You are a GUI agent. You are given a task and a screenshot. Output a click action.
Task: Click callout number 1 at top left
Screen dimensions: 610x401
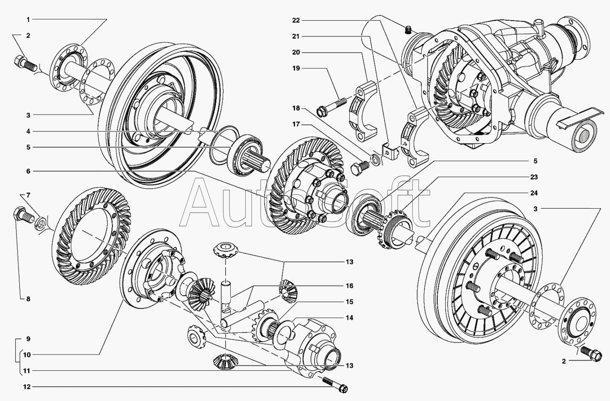(x=28, y=20)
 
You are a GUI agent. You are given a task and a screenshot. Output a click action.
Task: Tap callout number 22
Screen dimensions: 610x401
(x=296, y=20)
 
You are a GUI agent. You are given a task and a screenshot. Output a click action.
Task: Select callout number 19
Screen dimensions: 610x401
(x=296, y=69)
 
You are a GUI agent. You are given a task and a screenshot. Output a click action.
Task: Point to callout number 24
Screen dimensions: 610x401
(x=534, y=193)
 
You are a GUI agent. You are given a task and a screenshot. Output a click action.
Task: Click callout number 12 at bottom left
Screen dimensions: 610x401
(x=27, y=387)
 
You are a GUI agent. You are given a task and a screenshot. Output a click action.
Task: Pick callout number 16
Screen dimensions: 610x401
(x=349, y=286)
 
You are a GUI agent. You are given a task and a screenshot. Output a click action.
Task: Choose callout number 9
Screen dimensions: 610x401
(x=28, y=339)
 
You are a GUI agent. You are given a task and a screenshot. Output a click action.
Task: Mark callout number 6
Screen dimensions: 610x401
(x=28, y=171)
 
